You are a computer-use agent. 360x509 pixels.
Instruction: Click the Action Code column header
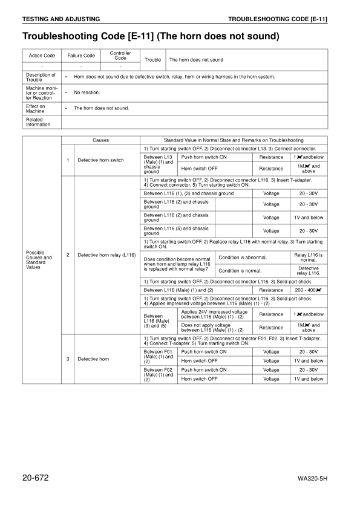(42, 56)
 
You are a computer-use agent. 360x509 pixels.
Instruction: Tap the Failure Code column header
(80, 56)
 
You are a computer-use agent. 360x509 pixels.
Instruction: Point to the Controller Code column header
(120, 56)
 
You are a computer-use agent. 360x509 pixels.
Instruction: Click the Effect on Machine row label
(36, 108)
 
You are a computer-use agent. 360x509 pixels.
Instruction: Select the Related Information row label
(38, 122)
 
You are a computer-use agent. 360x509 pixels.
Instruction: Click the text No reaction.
(87, 92)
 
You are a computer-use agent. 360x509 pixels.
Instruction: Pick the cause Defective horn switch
(100, 160)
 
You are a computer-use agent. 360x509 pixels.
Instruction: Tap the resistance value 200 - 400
(309, 290)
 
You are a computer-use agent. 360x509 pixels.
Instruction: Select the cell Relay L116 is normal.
(309, 258)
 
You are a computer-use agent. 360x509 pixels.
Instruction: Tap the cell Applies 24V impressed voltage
(215, 314)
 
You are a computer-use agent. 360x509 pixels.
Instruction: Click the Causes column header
(100, 140)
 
